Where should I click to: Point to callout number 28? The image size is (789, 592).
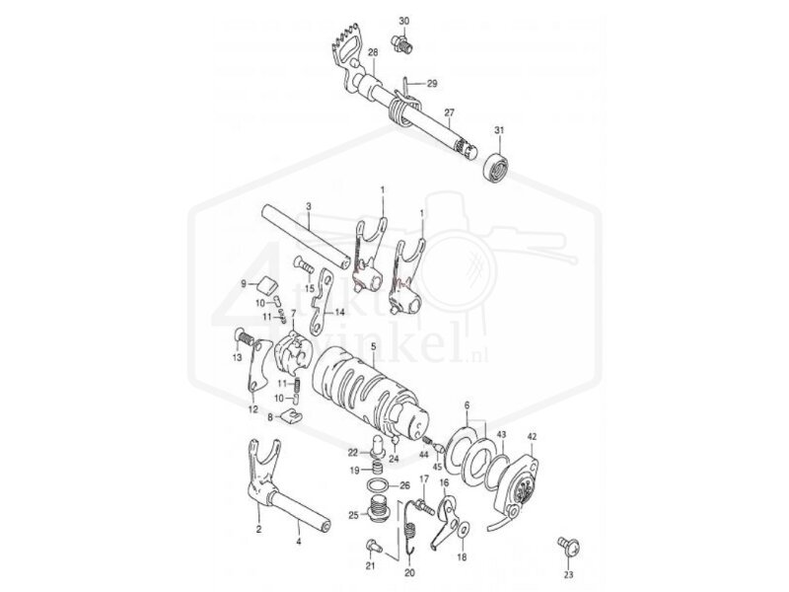click(x=373, y=52)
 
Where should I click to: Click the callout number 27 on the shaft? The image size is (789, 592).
click(x=450, y=113)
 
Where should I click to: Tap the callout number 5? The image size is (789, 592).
click(x=373, y=346)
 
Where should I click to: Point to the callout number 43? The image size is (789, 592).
click(x=501, y=435)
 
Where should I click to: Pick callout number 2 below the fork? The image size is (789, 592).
click(x=258, y=530)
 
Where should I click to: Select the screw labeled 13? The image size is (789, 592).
click(x=244, y=340)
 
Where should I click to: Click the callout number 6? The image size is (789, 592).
click(x=466, y=406)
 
